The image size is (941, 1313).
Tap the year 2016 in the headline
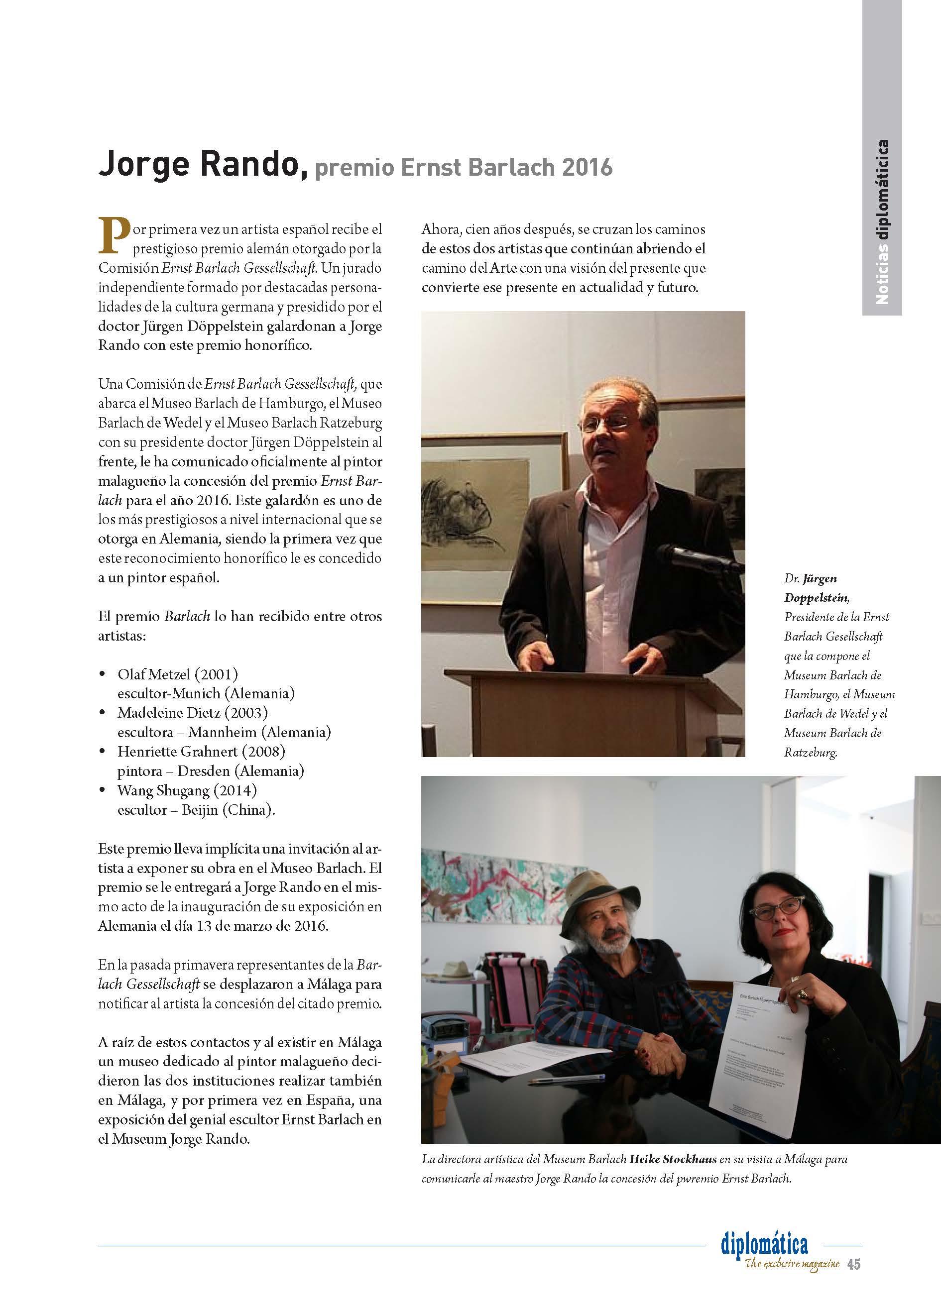[586, 167]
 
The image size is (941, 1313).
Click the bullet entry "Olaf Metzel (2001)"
[178, 674]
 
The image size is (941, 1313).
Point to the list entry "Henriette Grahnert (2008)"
[201, 752]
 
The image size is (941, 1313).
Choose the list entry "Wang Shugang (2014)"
[187, 790]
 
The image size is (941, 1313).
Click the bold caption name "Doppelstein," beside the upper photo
[817, 597]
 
